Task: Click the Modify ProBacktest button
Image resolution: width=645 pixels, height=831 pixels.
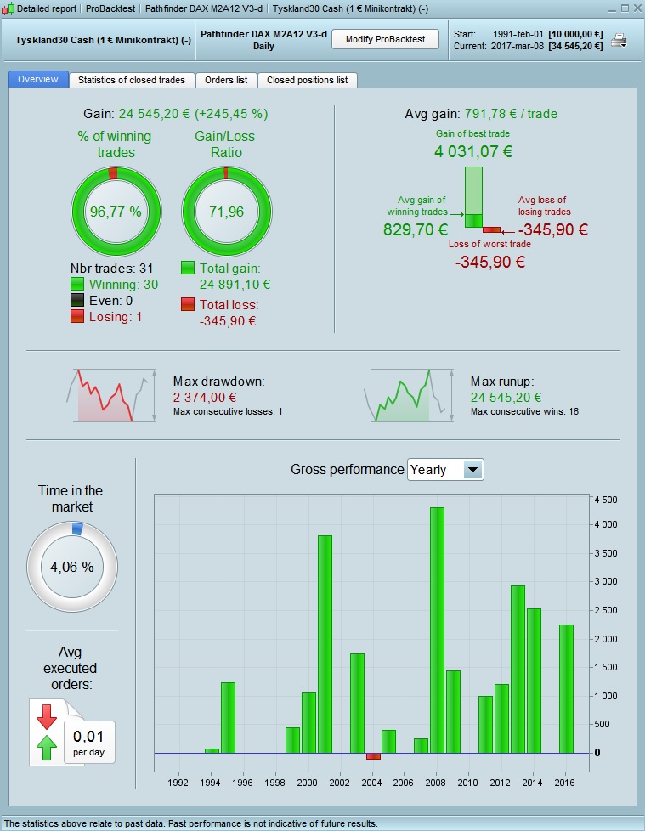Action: pos(384,39)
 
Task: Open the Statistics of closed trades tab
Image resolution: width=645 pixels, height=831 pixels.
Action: pos(132,80)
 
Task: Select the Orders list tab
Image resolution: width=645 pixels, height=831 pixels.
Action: pos(226,80)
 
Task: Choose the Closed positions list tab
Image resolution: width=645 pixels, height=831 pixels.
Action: pos(307,80)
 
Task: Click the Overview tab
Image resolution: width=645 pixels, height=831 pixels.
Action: pos(37,79)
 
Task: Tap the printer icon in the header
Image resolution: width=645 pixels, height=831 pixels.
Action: pos(619,41)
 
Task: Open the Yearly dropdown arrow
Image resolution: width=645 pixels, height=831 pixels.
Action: pos(472,469)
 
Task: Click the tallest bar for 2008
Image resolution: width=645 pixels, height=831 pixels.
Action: pos(437,629)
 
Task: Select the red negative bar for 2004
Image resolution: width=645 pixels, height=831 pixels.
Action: pos(373,756)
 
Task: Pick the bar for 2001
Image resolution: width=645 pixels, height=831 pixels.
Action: pos(325,643)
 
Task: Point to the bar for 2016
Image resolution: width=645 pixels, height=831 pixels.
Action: pos(566,688)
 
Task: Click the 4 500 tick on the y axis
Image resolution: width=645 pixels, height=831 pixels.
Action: pos(604,499)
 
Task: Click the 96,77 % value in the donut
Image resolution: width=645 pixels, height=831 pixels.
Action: pos(115,212)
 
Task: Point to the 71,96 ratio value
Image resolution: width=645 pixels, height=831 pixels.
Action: pos(226,212)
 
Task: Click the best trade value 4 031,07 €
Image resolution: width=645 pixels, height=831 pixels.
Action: pos(473,152)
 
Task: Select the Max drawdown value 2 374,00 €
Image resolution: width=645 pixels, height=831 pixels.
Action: pos(205,397)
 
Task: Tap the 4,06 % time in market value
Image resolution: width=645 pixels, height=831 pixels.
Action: pos(72,567)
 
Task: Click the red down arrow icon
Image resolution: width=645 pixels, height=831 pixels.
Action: pos(45,716)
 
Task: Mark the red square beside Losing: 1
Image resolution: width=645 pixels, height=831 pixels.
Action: pos(77,316)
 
